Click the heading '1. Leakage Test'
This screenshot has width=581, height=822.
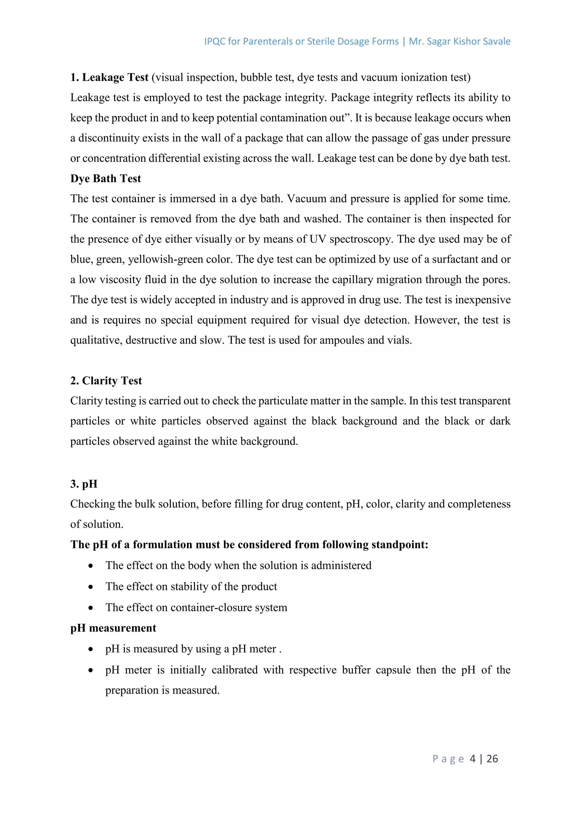coord(109,77)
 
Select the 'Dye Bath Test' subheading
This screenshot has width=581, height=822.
coord(106,178)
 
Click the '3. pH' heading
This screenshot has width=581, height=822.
coord(84,484)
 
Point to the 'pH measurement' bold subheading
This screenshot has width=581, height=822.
coord(113,628)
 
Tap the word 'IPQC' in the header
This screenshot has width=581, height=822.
coord(215,41)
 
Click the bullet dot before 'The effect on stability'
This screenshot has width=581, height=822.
coord(91,587)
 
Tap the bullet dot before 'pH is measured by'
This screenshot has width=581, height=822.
coord(91,649)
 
